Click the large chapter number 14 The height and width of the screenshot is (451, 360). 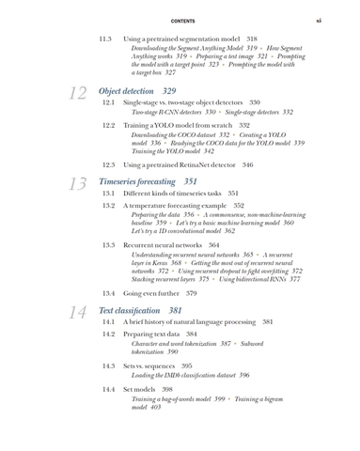click(79, 312)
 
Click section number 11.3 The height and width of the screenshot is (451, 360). click(106, 39)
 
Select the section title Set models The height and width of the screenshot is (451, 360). click(139, 388)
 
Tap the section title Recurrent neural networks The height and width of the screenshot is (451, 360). click(164, 244)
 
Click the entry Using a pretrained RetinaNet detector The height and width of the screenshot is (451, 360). click(179, 164)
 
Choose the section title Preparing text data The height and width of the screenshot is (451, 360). click(151, 334)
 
